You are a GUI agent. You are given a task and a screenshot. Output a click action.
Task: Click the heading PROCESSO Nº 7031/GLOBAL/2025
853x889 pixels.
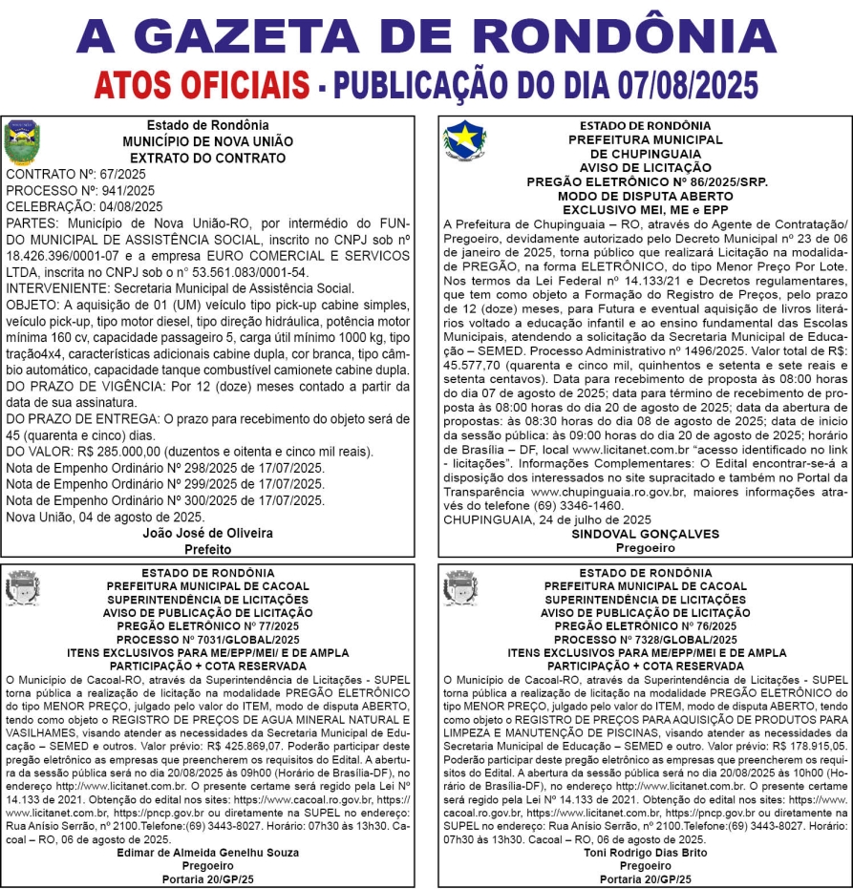click(x=207, y=639)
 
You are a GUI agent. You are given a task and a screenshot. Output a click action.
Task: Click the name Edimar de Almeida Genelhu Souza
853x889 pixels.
click(x=207, y=852)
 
